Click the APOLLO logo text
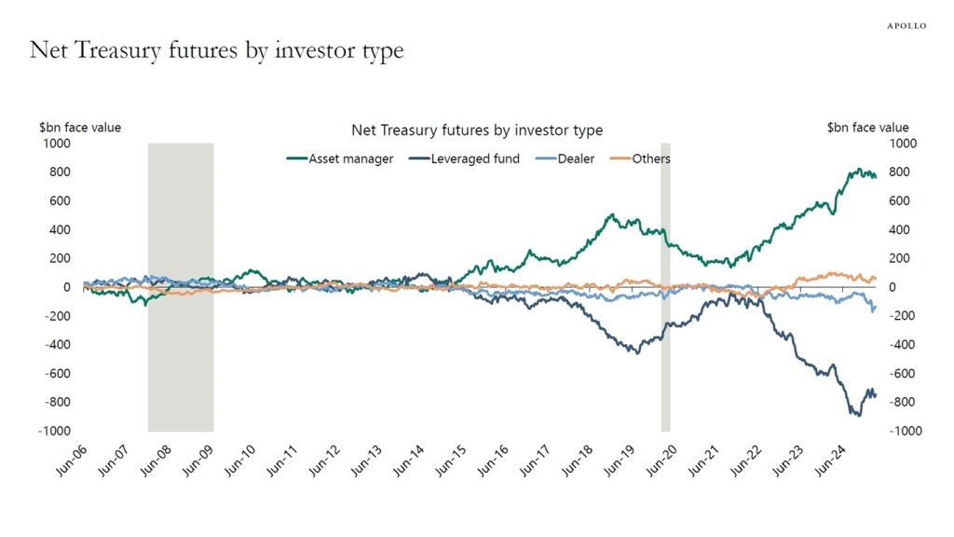click(906, 25)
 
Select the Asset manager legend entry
click(340, 158)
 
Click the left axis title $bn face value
click(79, 128)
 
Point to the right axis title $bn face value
click(867, 128)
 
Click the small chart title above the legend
click(476, 131)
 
